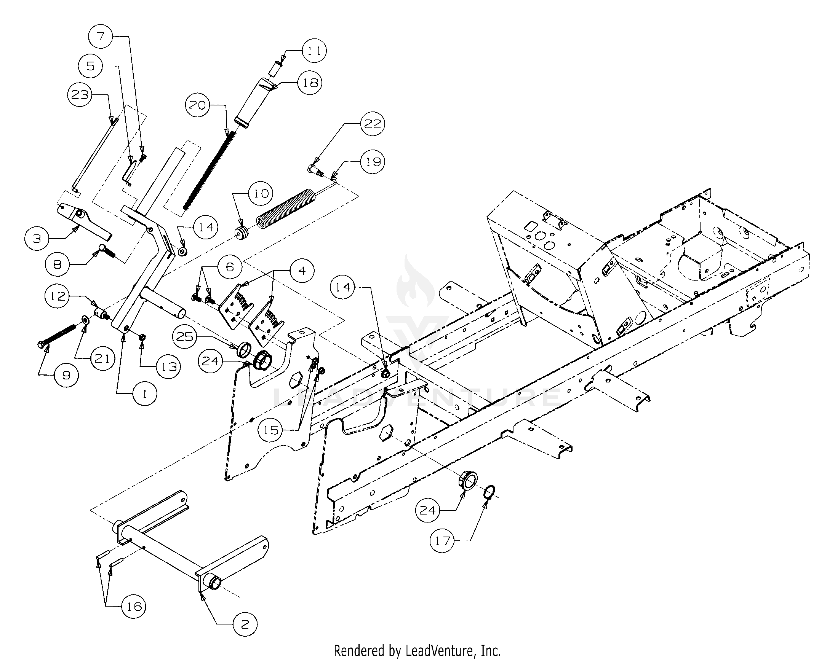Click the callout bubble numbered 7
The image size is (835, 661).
tap(101, 37)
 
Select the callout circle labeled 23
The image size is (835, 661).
tap(80, 95)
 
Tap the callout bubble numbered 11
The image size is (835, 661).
tap(314, 51)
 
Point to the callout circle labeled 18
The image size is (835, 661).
tap(310, 83)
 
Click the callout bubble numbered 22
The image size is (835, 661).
tap(373, 124)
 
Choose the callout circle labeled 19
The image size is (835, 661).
tap(373, 161)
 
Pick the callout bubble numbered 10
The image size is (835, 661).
tap(261, 193)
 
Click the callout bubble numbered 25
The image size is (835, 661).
tap(185, 336)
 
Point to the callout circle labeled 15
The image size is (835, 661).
tap(271, 430)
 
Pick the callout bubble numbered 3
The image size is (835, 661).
tap(37, 238)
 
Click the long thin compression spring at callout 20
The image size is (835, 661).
tap(209, 170)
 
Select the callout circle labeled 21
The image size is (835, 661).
tap(102, 359)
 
